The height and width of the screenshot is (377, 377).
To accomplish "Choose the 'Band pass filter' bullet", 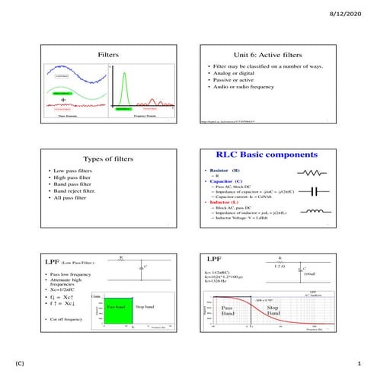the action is (x=75, y=184).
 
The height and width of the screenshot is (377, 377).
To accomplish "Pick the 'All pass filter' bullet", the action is (x=72, y=197).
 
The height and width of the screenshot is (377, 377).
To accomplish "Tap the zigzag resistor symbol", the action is (x=314, y=173).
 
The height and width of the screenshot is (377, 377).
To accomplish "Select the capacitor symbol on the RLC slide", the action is (x=315, y=192).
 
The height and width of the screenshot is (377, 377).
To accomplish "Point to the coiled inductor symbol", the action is (x=314, y=211).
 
